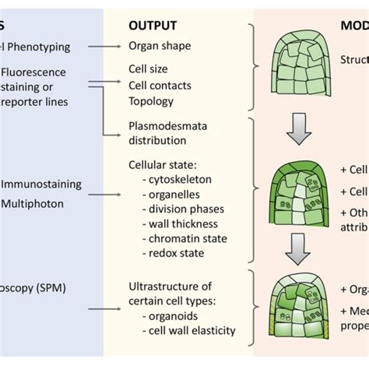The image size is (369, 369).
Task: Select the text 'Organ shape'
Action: pyautogui.click(x=159, y=46)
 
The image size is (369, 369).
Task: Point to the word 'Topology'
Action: pyautogui.click(x=151, y=100)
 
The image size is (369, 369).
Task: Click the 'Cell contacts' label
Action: pyautogui.click(x=159, y=85)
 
